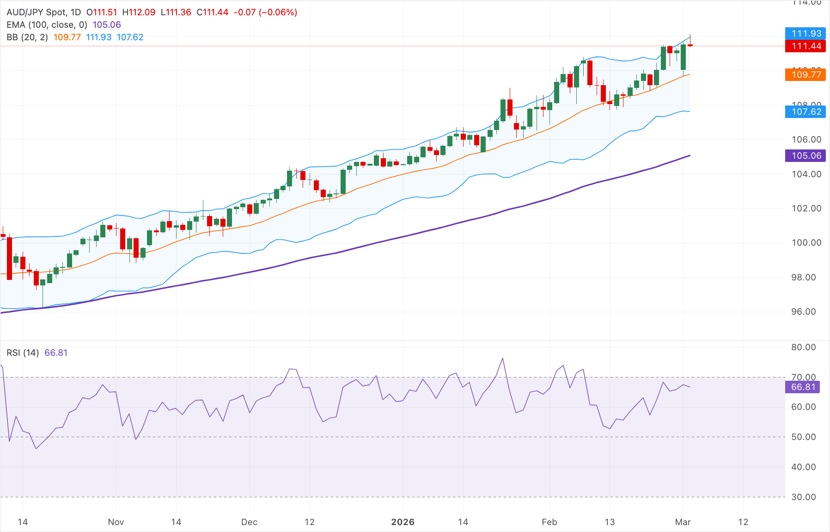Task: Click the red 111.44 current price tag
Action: coord(806,46)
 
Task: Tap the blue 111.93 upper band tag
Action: coord(806,33)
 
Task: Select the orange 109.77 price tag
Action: coord(806,74)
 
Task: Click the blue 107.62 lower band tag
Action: coord(806,111)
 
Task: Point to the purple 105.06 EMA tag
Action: coord(806,155)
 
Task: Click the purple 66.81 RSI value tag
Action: coord(802,387)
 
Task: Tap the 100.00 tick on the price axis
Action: coord(806,242)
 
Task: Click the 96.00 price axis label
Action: coord(806,311)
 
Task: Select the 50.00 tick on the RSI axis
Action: coord(803,437)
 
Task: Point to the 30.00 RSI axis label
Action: coord(803,497)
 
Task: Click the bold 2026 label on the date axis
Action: coord(403,522)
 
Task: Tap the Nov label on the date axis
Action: coord(116,522)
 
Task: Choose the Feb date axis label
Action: coord(549,522)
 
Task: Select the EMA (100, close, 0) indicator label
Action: coord(47,25)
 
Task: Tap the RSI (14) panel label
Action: coord(23,353)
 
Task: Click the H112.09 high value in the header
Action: coord(139,12)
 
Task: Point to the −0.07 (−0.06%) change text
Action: coord(265,12)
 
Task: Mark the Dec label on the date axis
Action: coord(249,522)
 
